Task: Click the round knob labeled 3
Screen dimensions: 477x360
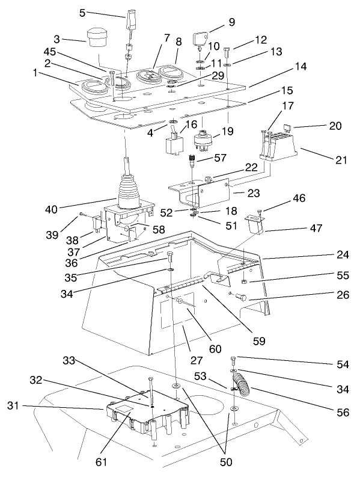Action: [96, 37]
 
